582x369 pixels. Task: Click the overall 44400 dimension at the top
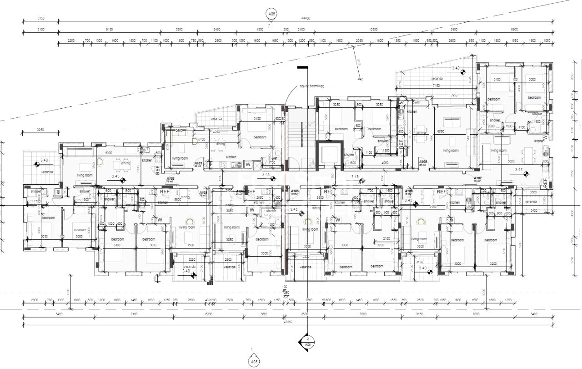click(305, 19)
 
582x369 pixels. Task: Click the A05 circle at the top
click(271, 15)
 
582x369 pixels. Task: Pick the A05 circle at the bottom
click(253, 362)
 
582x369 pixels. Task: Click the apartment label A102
click(171, 178)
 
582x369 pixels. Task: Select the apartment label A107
click(477, 179)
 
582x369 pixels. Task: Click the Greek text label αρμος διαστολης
click(311, 86)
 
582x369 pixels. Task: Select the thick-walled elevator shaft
click(328, 155)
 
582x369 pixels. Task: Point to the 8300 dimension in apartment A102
click(109, 153)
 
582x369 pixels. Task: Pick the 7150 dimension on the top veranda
click(436, 85)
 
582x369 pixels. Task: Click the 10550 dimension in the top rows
click(373, 30)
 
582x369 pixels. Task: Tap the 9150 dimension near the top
click(109, 30)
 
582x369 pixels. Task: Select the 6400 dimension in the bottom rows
click(59, 314)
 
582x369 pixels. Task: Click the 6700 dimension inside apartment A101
click(201, 139)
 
